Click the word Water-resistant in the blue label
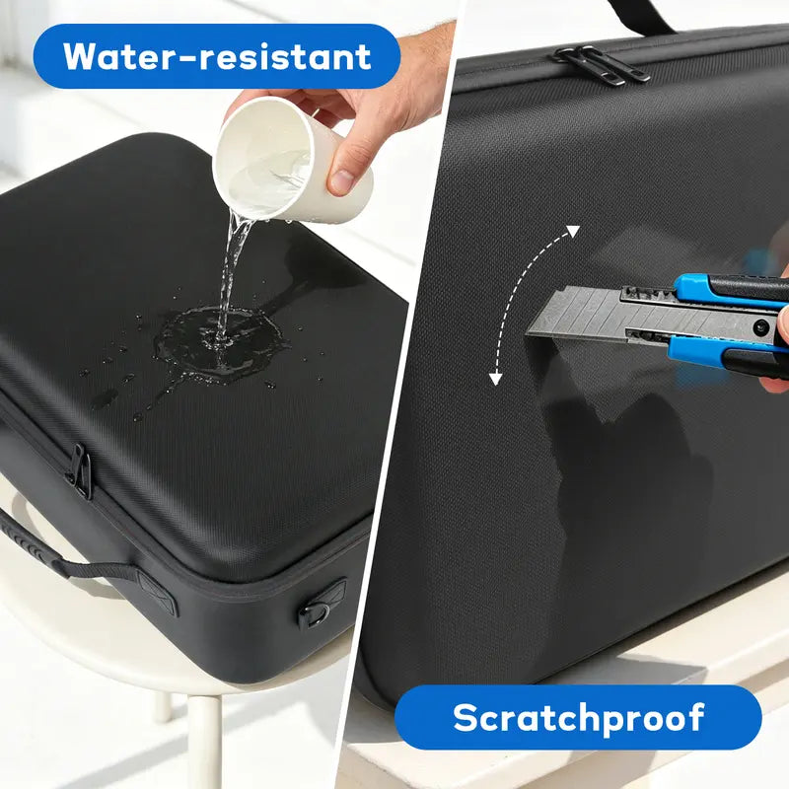(217, 56)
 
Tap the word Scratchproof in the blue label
(578, 718)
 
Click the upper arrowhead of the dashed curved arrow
(573, 232)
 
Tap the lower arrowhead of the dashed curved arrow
(496, 379)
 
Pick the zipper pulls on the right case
(603, 64)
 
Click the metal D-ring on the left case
(315, 614)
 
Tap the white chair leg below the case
(204, 740)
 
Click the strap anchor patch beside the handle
(158, 594)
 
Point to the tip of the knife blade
(529, 333)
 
